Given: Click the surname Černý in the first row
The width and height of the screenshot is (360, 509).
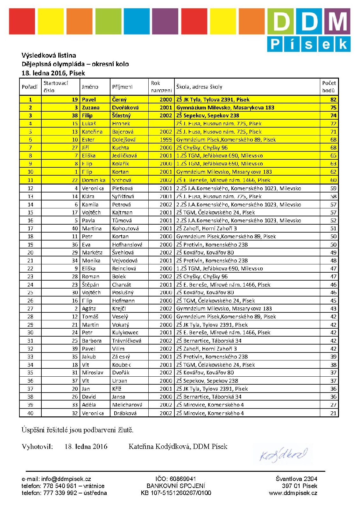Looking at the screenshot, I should pos(119,100).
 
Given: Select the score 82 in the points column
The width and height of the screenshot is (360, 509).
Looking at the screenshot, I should pos(333,100).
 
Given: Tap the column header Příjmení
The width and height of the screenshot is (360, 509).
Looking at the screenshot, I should pos(122,87).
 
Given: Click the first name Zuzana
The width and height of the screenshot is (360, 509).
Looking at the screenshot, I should pos(91,108).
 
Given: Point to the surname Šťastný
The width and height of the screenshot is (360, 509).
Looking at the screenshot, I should pos(121,115).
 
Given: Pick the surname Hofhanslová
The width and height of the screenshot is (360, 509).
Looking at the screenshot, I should pos(127,245).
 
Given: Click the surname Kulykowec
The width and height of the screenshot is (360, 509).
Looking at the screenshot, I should pos(125,332).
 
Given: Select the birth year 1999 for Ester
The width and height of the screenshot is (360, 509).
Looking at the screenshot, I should pos(166,140).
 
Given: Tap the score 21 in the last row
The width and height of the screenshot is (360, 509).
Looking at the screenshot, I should pos(333,413).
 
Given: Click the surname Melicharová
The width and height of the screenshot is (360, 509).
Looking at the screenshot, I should pos(127,405).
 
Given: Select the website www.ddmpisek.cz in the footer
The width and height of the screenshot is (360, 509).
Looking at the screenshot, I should pos(293,493).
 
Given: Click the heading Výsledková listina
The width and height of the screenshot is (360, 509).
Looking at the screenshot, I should pos(49,55).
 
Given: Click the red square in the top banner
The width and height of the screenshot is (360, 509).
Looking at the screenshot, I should pos(22,21).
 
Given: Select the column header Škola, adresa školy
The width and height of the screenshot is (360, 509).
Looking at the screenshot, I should pos(199,87).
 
